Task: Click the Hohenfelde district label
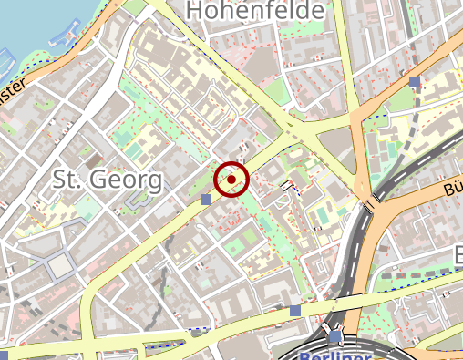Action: tap(254, 11)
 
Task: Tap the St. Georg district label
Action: tap(108, 179)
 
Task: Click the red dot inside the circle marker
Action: tap(231, 180)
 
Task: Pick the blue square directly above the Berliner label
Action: tap(335, 337)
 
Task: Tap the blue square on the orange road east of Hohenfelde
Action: tap(415, 82)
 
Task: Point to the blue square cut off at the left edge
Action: tap(3, 354)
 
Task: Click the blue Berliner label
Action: tap(335, 355)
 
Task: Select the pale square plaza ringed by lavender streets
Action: tap(60, 265)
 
